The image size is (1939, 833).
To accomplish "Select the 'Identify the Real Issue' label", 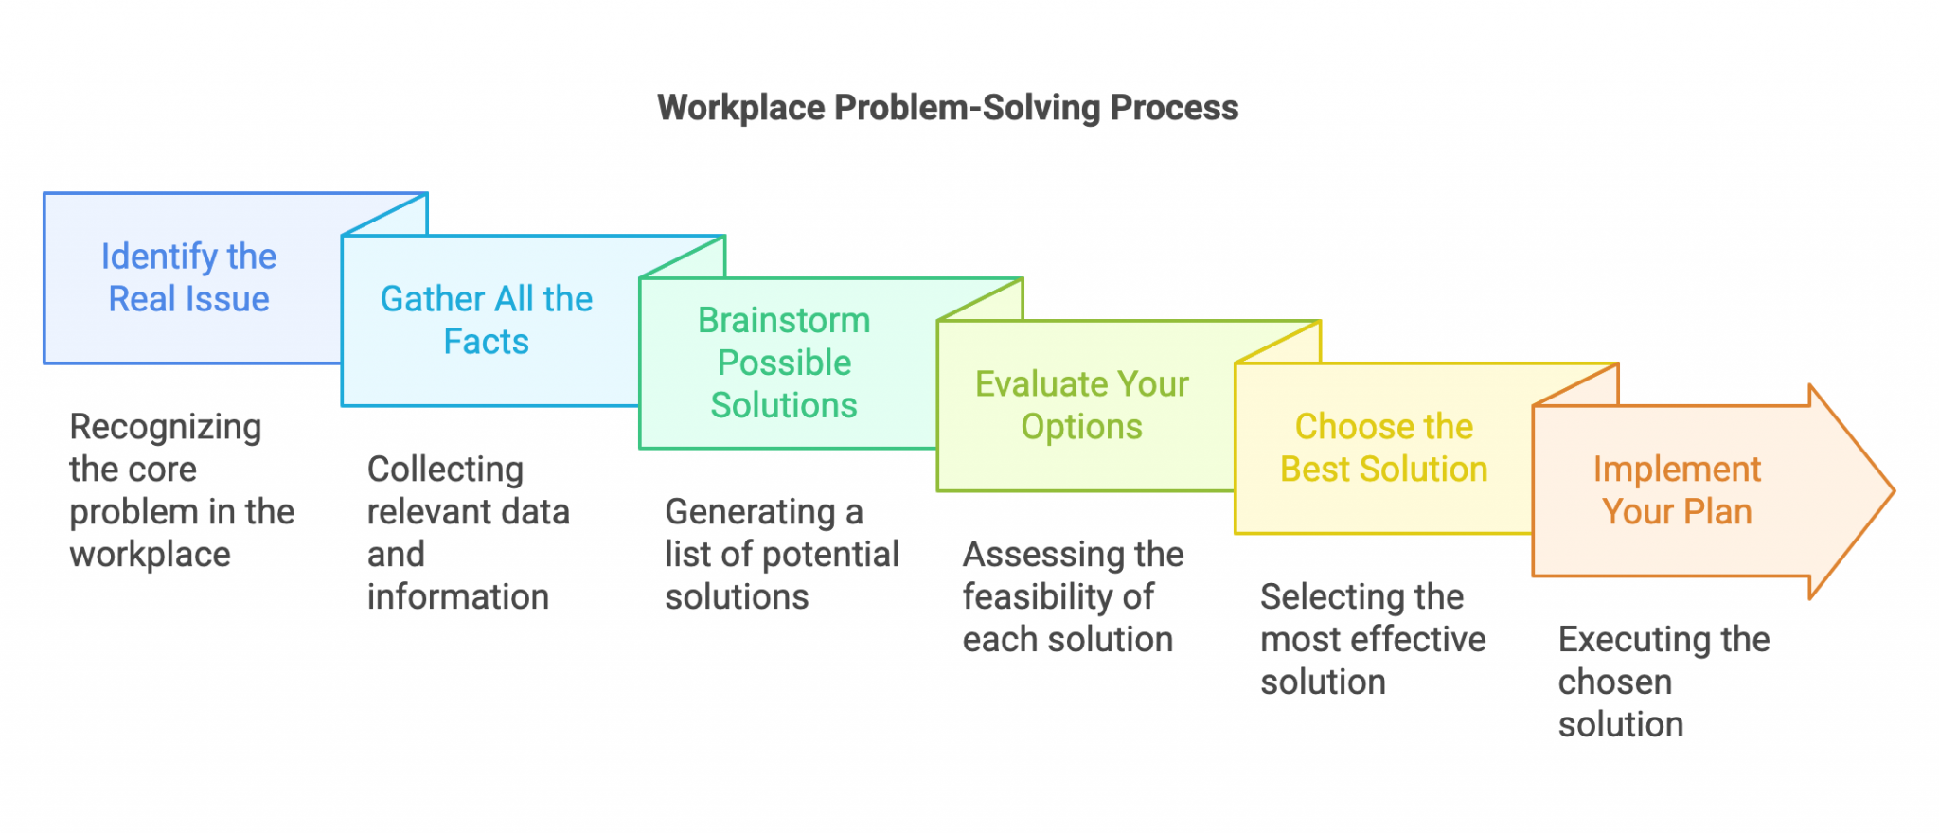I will pos(188,277).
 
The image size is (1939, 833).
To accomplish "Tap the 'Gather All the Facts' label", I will pos(486,320).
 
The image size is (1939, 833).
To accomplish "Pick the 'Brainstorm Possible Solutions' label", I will pos(784,363).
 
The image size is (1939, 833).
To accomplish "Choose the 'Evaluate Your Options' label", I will pos(1081,405).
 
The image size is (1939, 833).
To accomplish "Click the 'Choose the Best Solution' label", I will pos(1383,448).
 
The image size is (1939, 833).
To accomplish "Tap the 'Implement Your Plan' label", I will pos(1677,490).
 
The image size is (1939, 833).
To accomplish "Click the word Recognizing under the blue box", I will pos(165,428).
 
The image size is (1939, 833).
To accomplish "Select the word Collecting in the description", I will pos(445,470).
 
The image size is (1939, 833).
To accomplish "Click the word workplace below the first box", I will pos(150,555).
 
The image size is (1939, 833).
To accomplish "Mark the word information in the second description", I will pos(457,597).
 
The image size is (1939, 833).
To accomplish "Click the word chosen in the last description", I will pos(1614,682).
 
